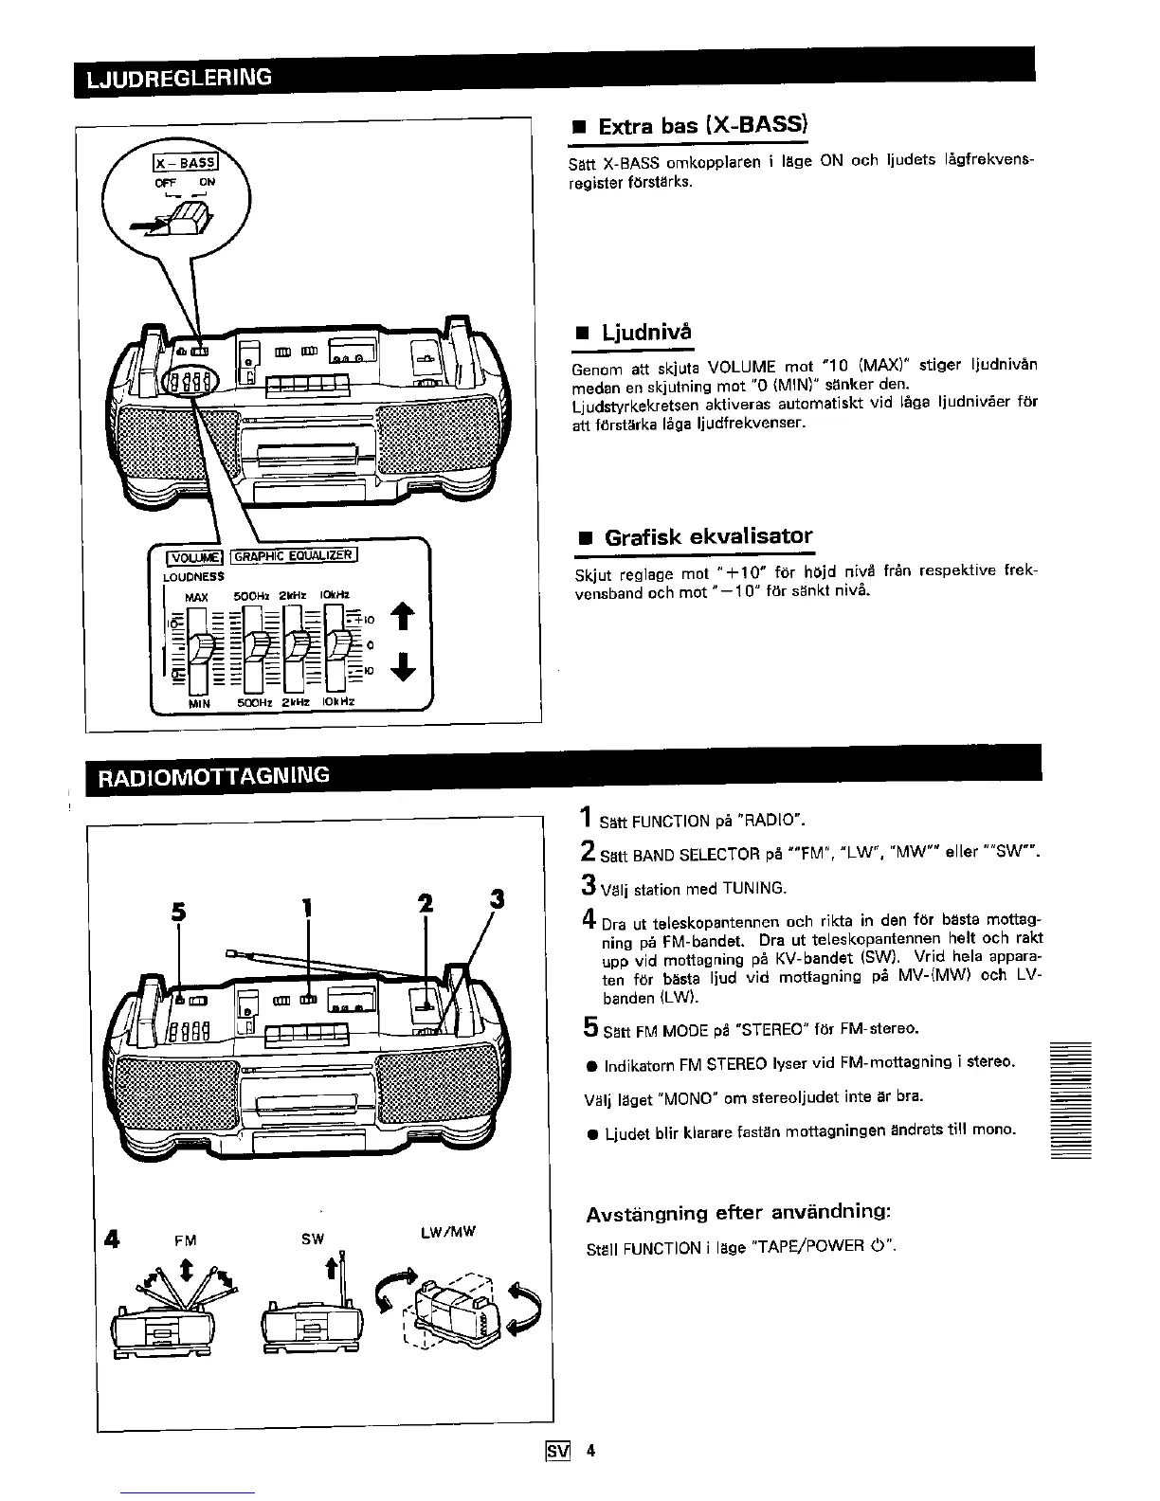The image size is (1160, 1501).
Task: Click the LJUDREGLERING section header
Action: (x=179, y=78)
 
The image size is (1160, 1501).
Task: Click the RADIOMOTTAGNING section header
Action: (x=208, y=775)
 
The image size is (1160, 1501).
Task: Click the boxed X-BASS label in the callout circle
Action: (x=188, y=163)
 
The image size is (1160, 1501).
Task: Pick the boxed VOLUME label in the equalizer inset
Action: (x=194, y=557)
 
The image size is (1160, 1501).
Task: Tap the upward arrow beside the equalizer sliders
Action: (x=404, y=617)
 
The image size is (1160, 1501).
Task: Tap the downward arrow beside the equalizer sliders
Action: (x=404, y=668)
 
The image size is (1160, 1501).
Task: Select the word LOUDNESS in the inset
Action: (x=193, y=576)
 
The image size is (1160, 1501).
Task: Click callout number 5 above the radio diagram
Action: (x=177, y=910)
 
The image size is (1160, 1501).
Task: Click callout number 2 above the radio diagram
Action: (x=426, y=904)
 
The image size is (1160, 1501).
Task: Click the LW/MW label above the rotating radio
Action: (x=446, y=1232)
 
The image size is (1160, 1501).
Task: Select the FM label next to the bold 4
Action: (x=186, y=1239)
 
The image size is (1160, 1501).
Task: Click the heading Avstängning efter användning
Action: (x=738, y=1213)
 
